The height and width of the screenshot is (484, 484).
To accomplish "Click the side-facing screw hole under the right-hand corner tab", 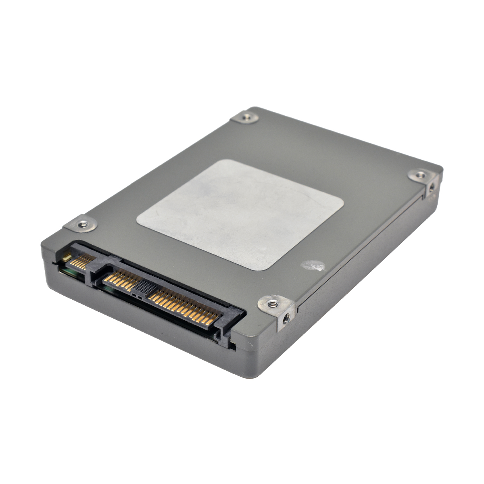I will (x=432, y=188).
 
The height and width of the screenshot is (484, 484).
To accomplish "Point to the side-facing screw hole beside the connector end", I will (x=286, y=318).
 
